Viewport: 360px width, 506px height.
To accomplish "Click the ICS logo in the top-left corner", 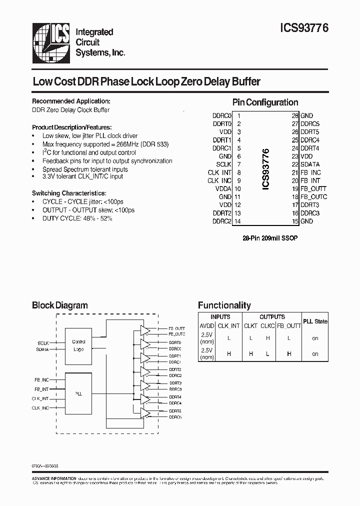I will click(x=51, y=42).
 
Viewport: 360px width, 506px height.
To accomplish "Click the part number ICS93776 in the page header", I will click(x=301, y=29).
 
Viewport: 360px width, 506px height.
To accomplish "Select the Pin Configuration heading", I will click(x=265, y=102).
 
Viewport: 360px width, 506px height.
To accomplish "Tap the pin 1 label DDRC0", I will click(x=222, y=115).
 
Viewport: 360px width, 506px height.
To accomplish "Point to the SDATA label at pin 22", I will click(x=310, y=164).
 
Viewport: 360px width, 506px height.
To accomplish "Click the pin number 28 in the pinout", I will click(x=295, y=115).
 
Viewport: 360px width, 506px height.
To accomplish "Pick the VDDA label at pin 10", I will click(x=223, y=188).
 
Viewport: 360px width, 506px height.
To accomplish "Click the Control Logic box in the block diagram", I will click(x=78, y=345).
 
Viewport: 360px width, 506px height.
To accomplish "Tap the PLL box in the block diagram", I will click(x=78, y=394).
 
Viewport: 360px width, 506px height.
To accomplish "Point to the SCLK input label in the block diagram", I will click(x=43, y=343).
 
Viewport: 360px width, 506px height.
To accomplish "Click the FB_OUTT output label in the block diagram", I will click(x=176, y=328).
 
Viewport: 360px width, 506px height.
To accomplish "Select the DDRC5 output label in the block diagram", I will click(x=175, y=416).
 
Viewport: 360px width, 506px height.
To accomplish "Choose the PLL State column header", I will click(x=315, y=321).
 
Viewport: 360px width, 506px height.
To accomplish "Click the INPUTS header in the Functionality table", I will click(x=220, y=316).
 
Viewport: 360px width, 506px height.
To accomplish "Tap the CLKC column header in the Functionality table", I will click(x=267, y=325).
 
